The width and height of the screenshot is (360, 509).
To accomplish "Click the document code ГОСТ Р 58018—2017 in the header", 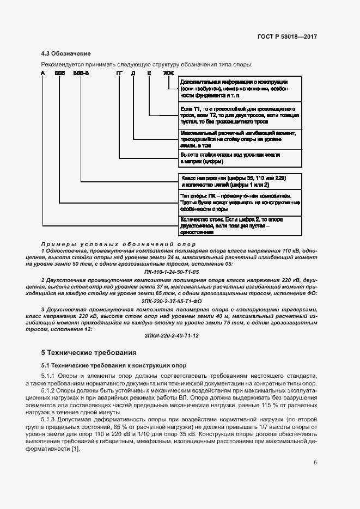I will pos(287,37).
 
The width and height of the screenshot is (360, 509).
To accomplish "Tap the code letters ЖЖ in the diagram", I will pos(169,73).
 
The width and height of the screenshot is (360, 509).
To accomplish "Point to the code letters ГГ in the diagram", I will pos(119,73).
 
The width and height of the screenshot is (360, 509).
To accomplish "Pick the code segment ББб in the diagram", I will pos(60,73).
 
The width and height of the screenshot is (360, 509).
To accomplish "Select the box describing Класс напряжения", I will pos(240,181).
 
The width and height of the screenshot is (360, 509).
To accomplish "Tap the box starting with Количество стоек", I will pos(240,225).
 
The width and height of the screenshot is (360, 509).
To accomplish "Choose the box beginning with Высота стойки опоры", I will pos(240,158).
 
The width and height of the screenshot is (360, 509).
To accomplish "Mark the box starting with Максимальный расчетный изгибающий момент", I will pos(240,139).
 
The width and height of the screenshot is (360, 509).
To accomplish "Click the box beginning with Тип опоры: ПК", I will pos(240,202).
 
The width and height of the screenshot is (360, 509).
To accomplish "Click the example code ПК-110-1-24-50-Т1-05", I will pos(172,271).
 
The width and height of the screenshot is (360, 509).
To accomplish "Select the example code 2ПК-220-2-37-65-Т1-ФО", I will pos(172,300).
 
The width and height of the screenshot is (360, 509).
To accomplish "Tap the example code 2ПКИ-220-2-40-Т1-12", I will pos(172,336).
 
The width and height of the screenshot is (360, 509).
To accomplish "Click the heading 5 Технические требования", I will pos(88,352).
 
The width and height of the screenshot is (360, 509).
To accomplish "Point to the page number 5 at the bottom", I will pos(315,463).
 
